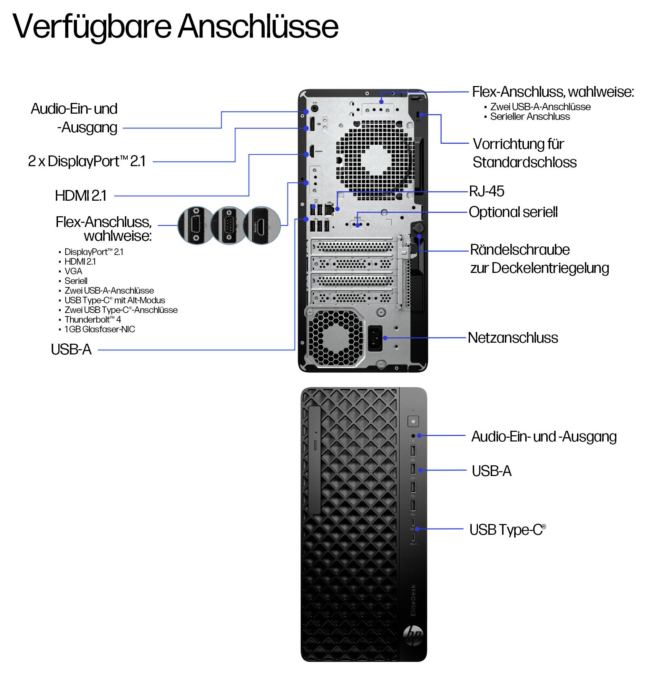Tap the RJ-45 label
click(487, 191)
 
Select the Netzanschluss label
click(513, 337)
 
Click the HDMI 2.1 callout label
click(81, 196)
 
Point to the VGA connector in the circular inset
click(196, 225)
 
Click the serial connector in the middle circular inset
click(228, 225)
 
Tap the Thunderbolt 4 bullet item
click(92, 320)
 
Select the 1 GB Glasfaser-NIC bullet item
click(100, 329)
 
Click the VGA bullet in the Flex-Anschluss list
click(73, 271)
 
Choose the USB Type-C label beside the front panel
click(508, 530)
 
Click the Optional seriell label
click(513, 212)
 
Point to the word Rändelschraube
click(520, 249)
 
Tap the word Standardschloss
click(525, 162)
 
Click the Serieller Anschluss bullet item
click(530, 116)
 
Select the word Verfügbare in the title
click(92, 27)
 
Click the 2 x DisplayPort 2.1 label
click(87, 161)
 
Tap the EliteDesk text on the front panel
click(413, 600)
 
